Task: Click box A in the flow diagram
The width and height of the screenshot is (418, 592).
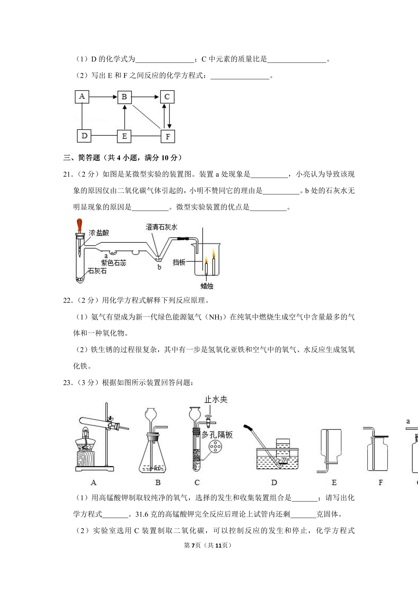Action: pyautogui.click(x=82, y=97)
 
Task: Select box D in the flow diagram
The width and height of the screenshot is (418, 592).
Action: pyautogui.click(x=84, y=136)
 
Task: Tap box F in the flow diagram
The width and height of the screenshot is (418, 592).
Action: pyautogui.click(x=168, y=136)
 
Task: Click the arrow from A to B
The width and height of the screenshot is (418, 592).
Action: pyautogui.click(x=103, y=97)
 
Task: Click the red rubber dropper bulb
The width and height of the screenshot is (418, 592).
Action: pyautogui.click(x=80, y=225)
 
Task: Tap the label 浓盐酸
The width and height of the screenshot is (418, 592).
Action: pyautogui.click(x=99, y=233)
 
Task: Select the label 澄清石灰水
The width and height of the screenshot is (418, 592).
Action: pyautogui.click(x=161, y=227)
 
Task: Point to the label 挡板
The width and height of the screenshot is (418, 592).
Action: pyautogui.click(x=179, y=262)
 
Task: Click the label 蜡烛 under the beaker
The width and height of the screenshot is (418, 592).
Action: pyautogui.click(x=207, y=286)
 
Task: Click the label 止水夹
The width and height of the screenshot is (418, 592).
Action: pyautogui.click(x=216, y=400)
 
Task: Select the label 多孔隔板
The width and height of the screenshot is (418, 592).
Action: pyautogui.click(x=217, y=435)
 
